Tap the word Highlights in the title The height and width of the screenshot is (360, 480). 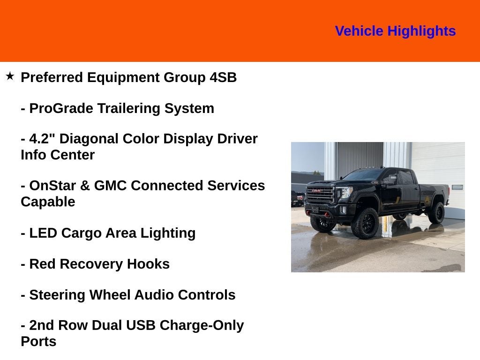coord(421,31)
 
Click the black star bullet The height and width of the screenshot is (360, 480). coord(10,76)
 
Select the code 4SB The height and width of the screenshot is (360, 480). coord(223,77)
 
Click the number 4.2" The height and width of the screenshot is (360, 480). coord(42,139)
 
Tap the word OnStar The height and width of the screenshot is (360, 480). coord(52,186)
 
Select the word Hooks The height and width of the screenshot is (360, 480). coord(148,264)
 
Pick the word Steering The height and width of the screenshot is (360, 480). coord(57,295)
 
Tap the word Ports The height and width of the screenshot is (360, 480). coord(38,342)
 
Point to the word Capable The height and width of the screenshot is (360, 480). coord(48,202)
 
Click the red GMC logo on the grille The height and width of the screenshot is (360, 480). coord(318,191)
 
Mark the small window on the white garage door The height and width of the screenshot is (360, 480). coord(457,187)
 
